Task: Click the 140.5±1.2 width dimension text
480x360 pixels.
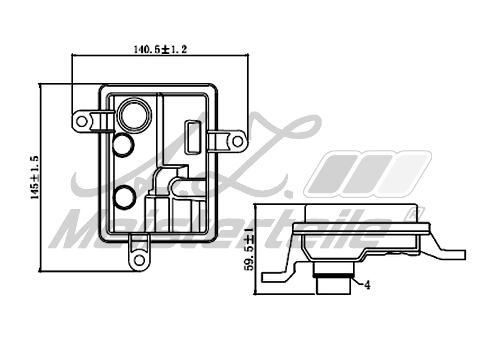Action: click(x=160, y=49)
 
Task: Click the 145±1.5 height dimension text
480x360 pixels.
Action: click(x=35, y=178)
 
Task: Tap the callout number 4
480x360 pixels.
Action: click(x=367, y=285)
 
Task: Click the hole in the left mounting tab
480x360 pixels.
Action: click(x=82, y=122)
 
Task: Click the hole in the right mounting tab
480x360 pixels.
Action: click(x=237, y=142)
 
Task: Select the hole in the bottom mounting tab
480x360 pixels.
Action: click(x=140, y=260)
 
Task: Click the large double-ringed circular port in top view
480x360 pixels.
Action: click(x=134, y=114)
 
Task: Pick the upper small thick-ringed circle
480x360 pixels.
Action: click(x=123, y=145)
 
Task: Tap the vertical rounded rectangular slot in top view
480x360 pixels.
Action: click(x=193, y=136)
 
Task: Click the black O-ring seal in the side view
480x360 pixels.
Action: click(x=333, y=277)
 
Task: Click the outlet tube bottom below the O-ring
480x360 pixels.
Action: click(x=333, y=287)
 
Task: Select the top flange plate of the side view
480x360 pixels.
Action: click(x=361, y=229)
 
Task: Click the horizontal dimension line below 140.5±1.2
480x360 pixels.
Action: click(x=160, y=55)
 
